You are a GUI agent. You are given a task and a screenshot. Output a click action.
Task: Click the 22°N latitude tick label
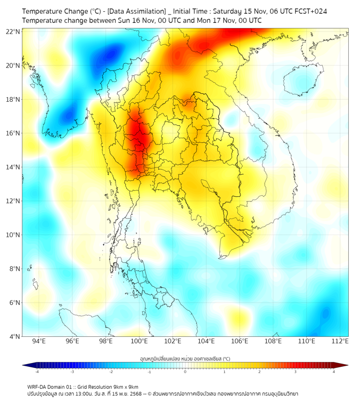(13, 31)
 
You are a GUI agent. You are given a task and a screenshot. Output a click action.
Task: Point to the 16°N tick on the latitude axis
(13, 133)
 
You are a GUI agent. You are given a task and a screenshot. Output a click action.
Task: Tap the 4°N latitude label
(15, 336)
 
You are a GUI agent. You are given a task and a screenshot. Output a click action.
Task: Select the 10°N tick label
(13, 235)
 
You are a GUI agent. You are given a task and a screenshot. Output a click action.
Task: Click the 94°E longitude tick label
(39, 341)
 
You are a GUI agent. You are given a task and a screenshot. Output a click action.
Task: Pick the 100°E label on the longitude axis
(140, 341)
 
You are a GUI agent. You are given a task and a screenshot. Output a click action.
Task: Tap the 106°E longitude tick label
(240, 341)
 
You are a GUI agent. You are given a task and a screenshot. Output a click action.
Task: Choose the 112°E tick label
(340, 341)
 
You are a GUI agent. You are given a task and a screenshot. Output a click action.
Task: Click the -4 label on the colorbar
(37, 372)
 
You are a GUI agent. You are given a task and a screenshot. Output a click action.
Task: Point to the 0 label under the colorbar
(185, 372)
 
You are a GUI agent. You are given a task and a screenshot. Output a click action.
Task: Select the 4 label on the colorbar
(333, 372)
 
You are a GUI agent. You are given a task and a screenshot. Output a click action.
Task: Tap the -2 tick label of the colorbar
(111, 372)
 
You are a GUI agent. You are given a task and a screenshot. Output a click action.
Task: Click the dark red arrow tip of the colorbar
(345, 365)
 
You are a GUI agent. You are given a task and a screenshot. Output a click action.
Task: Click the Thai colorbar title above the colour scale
(185, 359)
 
